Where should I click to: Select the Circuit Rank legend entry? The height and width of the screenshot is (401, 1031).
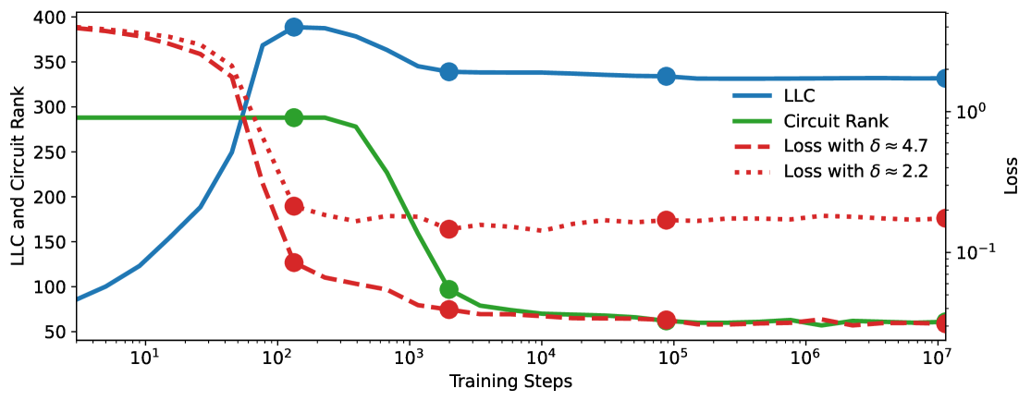click(x=835, y=121)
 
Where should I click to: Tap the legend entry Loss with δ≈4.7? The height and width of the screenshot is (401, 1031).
click(x=855, y=147)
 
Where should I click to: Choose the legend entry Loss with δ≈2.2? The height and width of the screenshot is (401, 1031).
click(x=855, y=172)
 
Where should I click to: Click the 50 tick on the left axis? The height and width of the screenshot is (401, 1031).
click(x=57, y=332)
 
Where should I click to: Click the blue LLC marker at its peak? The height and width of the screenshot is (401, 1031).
click(x=294, y=27)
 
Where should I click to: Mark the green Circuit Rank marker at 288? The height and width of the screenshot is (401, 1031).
click(x=294, y=117)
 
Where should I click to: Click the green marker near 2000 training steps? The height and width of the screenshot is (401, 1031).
click(x=449, y=290)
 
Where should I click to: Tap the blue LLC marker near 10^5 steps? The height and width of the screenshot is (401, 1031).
click(x=666, y=77)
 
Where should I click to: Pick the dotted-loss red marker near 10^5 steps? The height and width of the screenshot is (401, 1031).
click(x=666, y=220)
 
